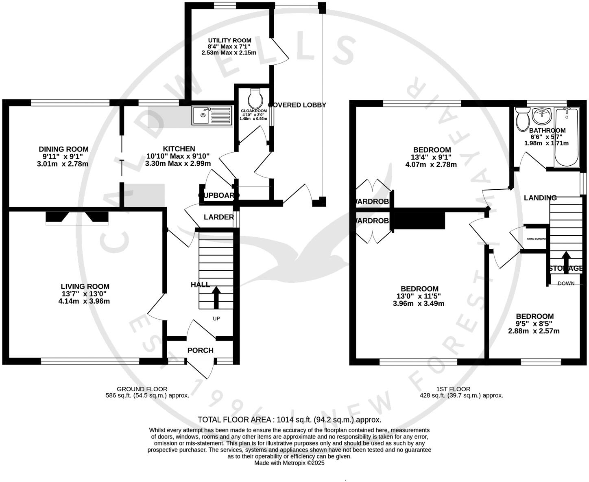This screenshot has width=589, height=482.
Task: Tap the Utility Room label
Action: point(229,41)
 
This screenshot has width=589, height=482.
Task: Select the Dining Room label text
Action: point(63,149)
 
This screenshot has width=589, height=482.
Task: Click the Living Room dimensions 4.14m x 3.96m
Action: point(84,301)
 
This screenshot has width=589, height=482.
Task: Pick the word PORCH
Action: point(200,350)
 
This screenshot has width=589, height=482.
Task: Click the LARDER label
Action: point(218,217)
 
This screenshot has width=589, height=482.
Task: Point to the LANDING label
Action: point(540,198)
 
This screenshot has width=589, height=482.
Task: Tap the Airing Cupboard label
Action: point(537,239)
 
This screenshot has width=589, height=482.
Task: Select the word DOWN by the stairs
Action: point(566,283)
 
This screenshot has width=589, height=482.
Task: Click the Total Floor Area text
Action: point(289,419)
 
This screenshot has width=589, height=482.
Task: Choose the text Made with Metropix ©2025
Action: point(289,463)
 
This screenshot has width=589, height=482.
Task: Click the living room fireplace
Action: point(77,217)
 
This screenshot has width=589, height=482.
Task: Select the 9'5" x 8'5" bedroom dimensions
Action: point(534,324)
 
